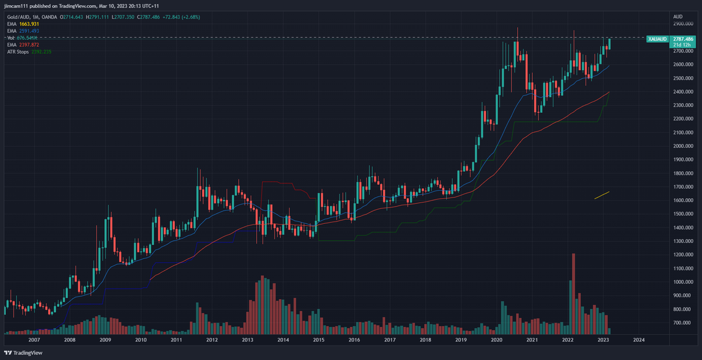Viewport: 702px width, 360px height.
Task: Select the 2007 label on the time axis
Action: point(34,340)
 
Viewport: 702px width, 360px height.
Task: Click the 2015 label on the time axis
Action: point(318,340)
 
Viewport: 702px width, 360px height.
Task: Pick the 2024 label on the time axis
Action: point(639,340)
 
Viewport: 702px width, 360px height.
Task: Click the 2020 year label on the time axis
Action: point(497,340)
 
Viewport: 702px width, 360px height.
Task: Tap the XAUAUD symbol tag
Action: point(658,39)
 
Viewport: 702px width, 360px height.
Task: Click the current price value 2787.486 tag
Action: point(683,39)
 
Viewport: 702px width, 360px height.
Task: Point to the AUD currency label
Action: point(678,16)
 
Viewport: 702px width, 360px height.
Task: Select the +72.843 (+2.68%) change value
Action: point(180,17)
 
